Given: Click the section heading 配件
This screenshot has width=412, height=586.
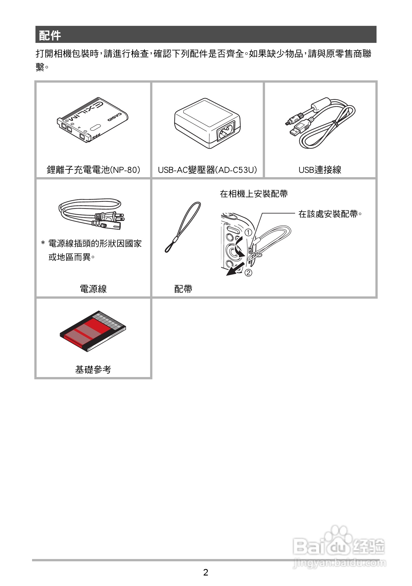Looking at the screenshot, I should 50,35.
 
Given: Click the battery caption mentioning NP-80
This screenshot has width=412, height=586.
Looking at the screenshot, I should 93,170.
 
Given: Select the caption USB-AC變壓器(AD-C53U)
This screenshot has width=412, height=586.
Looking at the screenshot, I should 207,170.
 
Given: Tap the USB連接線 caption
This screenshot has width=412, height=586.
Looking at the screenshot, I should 320,170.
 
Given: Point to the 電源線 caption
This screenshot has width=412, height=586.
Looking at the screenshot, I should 93,289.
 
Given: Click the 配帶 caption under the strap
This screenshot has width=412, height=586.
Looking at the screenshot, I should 183,289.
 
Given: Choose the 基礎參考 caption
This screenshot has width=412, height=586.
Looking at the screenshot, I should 93,369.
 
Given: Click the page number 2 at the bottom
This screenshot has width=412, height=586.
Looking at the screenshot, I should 206,572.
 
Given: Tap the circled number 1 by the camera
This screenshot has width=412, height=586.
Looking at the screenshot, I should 248,233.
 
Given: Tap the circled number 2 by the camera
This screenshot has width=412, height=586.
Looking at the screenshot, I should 248,273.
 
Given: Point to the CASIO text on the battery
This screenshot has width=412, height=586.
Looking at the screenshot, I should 115,117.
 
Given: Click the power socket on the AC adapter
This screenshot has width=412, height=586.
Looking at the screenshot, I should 226,133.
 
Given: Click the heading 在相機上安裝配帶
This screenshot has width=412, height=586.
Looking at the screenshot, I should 254,194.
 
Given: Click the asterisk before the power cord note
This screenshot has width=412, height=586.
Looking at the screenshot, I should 43,244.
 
